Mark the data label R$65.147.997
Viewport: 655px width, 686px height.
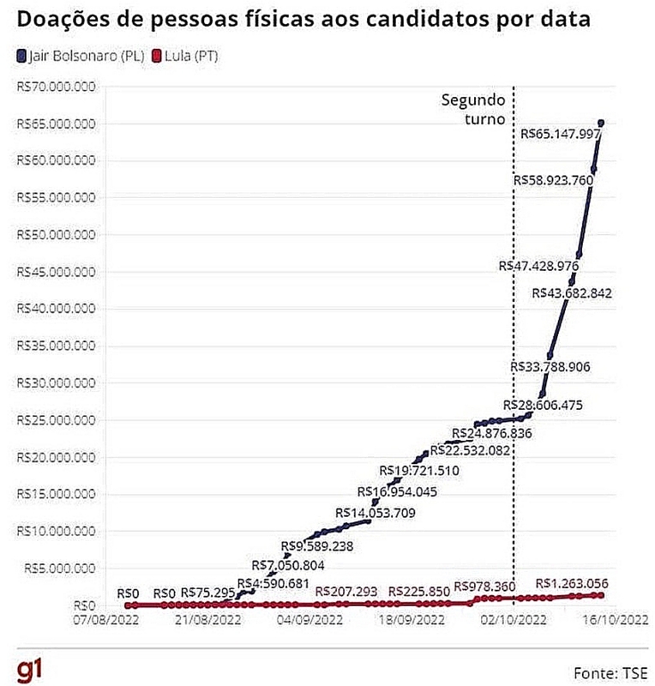click(561, 135)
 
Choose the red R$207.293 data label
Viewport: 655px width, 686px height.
click(346, 592)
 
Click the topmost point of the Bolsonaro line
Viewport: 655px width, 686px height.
click(601, 123)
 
